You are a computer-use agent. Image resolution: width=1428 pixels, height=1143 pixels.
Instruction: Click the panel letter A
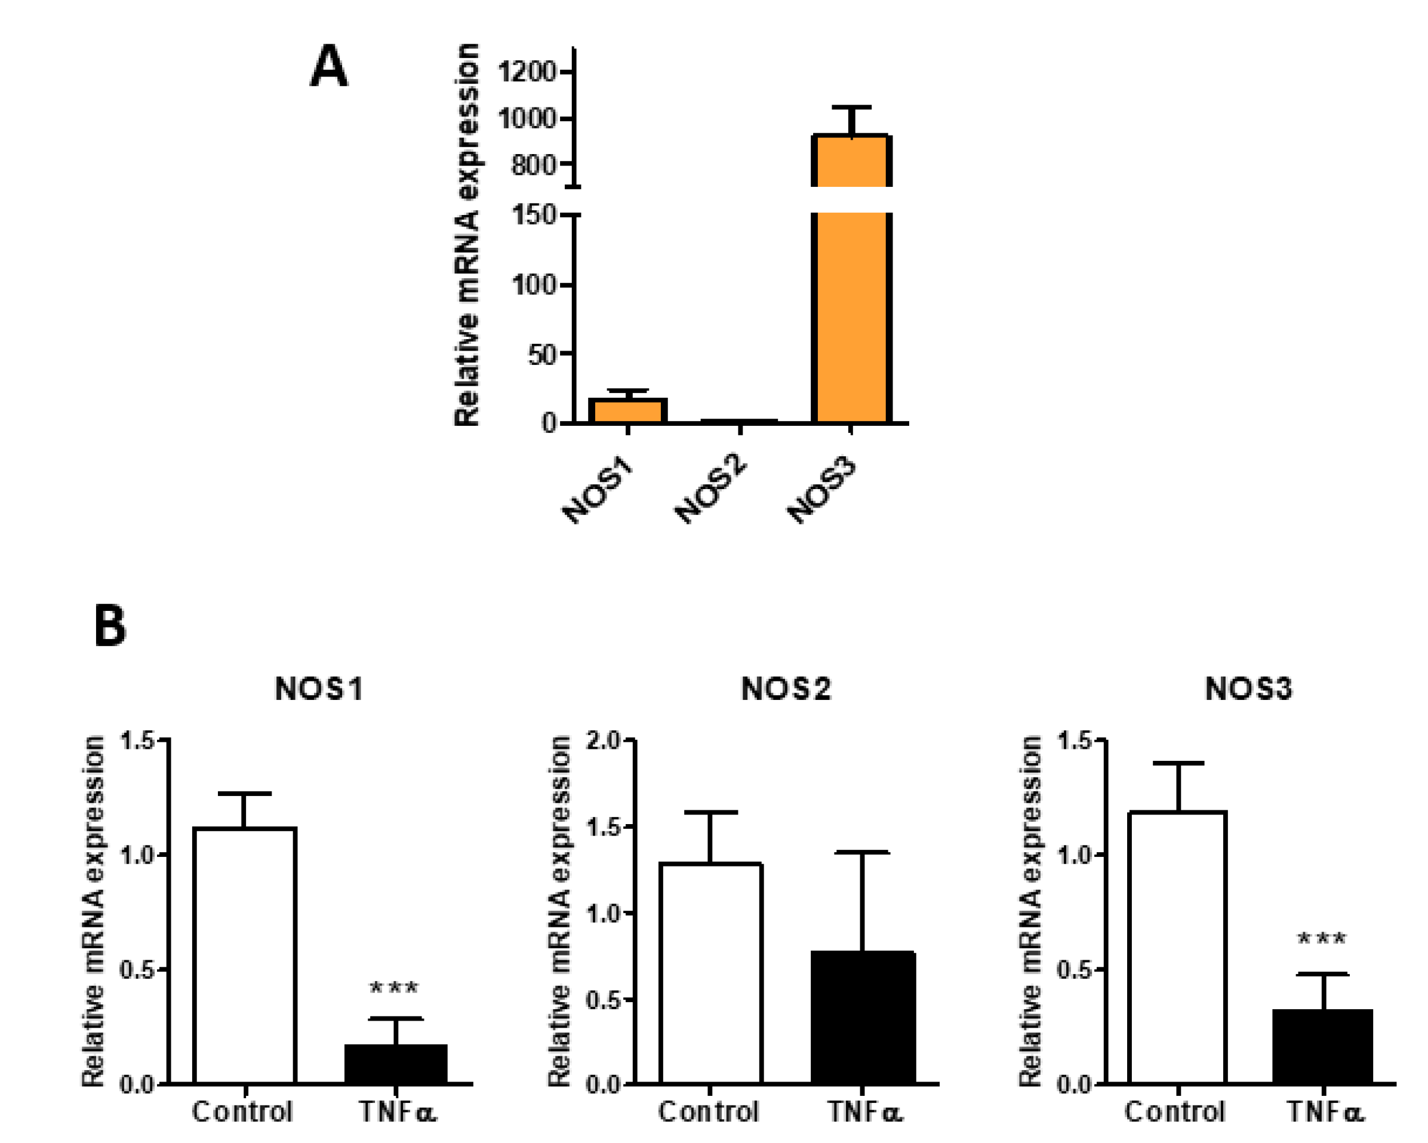click(x=328, y=66)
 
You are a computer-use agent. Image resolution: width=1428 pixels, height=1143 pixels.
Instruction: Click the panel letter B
click(x=110, y=625)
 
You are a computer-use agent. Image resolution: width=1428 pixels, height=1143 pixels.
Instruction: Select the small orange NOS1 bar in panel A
click(x=628, y=411)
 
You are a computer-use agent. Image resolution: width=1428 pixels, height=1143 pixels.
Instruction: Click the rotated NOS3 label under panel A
click(x=822, y=490)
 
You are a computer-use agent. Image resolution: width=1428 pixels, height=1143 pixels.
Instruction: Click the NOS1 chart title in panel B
click(x=319, y=689)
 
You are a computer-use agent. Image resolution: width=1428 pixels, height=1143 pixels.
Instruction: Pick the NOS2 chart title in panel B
click(x=786, y=689)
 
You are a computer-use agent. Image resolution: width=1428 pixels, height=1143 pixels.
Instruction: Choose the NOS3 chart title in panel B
click(x=1248, y=689)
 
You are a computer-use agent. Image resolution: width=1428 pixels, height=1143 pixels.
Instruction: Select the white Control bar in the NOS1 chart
click(x=244, y=954)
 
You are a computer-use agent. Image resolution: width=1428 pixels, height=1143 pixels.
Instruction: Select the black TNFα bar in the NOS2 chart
click(x=863, y=1017)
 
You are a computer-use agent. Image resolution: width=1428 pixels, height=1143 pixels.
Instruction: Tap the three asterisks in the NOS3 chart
click(x=1321, y=939)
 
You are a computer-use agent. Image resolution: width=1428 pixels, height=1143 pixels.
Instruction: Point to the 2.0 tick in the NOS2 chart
click(x=604, y=740)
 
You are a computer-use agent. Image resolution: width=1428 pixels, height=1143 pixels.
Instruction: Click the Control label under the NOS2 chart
click(x=708, y=1112)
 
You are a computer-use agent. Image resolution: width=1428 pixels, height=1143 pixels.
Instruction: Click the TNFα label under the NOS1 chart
click(x=398, y=1112)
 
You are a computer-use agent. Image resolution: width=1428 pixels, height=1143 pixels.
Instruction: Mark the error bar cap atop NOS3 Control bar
click(x=1178, y=763)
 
